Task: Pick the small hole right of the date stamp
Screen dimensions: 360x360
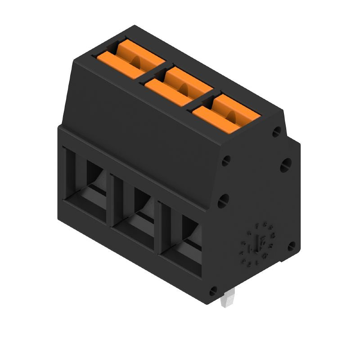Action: [x=291, y=246]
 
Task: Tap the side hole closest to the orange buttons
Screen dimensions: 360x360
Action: [x=277, y=131]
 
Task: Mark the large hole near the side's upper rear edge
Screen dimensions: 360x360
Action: [x=285, y=165]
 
